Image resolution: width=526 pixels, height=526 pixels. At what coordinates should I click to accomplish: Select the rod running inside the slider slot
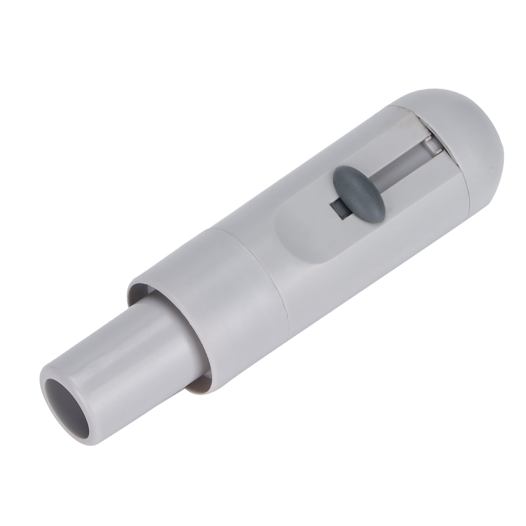pos(394,164)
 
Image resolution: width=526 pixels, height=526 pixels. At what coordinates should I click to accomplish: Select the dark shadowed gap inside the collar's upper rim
pos(138,289)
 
